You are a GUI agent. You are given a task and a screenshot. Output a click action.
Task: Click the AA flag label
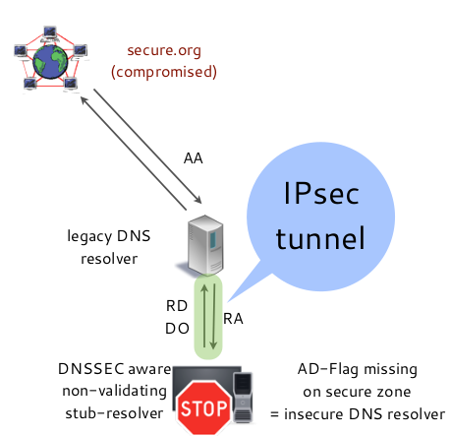click(194, 157)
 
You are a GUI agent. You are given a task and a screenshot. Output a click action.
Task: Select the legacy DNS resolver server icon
click(204, 244)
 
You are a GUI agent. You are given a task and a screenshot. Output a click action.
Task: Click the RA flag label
click(234, 318)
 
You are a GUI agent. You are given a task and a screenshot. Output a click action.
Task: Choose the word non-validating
click(112, 392)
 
